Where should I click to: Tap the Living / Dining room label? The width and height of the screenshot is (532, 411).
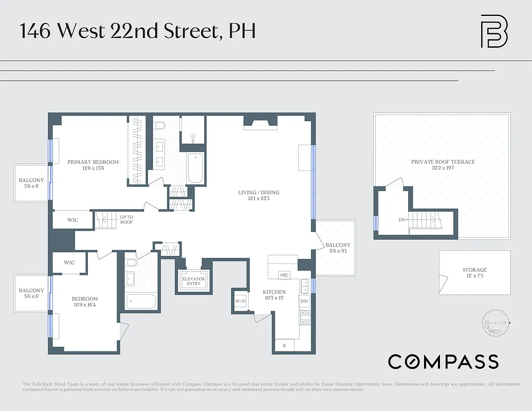259,196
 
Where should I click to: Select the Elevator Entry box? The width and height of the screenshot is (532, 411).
193,281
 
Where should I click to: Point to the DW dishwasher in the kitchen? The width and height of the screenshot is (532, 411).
304,301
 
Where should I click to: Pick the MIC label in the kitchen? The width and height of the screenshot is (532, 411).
284,275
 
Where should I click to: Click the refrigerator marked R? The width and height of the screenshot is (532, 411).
284,346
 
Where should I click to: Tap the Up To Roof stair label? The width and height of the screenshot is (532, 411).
126,219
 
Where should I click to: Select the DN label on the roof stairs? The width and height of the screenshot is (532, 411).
402,220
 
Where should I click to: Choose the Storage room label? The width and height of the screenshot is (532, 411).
474,273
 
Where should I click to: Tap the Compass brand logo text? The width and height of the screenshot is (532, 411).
443,362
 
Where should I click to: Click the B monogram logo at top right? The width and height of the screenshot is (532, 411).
494,31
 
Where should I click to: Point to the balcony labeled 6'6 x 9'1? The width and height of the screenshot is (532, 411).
338,248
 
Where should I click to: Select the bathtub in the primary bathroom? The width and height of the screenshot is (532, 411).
196,168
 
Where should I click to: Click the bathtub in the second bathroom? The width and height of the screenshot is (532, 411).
140,301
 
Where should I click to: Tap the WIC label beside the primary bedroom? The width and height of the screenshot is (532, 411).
73,220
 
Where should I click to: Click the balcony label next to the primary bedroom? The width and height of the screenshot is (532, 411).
31,183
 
